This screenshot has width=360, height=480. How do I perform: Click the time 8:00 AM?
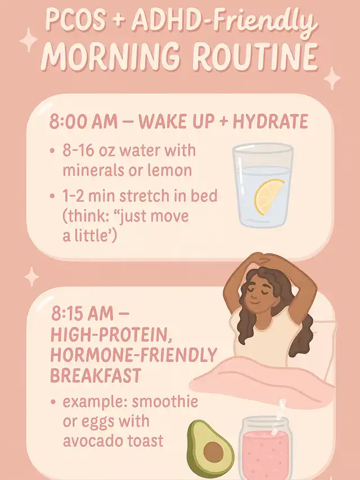[x=83, y=121]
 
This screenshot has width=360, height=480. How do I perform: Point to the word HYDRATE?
[x=270, y=121]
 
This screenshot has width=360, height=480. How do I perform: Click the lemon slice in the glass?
[x=269, y=197]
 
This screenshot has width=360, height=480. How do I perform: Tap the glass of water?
[x=263, y=185]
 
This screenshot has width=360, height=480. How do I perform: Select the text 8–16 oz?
[x=89, y=151]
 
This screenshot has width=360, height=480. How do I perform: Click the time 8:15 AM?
[x=83, y=314]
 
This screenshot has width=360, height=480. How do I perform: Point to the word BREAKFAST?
[x=96, y=375]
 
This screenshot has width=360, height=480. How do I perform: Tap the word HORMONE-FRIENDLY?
[x=133, y=355]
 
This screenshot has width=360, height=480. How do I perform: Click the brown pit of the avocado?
[x=213, y=452]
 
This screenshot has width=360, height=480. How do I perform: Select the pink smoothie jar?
[x=264, y=447]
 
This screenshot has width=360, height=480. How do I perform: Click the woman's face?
[x=259, y=291]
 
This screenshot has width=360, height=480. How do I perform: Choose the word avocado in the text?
[x=93, y=441]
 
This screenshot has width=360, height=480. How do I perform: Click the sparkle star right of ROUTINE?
[x=332, y=78]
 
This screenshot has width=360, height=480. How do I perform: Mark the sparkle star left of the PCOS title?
[x=29, y=40]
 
